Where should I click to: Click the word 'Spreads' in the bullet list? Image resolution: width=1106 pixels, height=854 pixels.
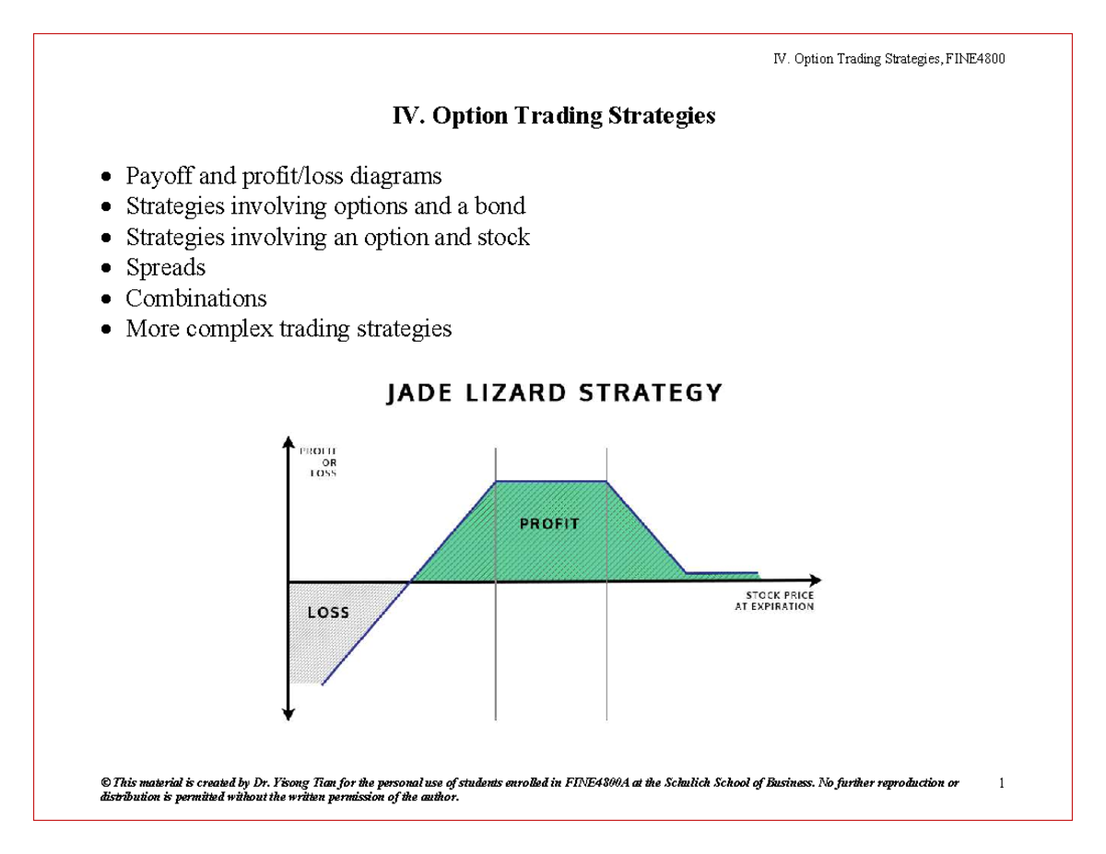pos(166,268)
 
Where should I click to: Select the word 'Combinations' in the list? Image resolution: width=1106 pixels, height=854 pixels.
pos(196,298)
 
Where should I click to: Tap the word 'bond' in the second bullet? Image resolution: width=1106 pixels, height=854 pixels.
pos(498,206)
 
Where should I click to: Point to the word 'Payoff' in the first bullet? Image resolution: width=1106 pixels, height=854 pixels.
pos(157,176)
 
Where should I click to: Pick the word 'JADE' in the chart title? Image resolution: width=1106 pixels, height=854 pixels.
pos(416,393)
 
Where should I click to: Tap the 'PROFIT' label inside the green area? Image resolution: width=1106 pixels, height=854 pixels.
pos(548,523)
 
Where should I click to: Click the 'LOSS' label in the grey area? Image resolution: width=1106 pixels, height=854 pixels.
pos(328,612)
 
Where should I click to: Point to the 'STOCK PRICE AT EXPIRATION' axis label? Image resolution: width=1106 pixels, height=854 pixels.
pos(774,602)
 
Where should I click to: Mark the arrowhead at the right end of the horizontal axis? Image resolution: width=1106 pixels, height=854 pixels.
pos(814,581)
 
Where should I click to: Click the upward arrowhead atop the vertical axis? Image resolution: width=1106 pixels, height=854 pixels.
pos(289,441)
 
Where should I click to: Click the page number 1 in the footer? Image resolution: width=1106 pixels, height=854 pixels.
pos(1000,783)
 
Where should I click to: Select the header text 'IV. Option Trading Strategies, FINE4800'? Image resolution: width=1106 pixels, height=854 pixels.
pos(888,59)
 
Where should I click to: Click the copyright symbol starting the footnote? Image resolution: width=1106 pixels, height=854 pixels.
pos(104,783)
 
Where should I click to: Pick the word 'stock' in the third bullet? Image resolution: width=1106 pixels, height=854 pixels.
pos(503,238)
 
